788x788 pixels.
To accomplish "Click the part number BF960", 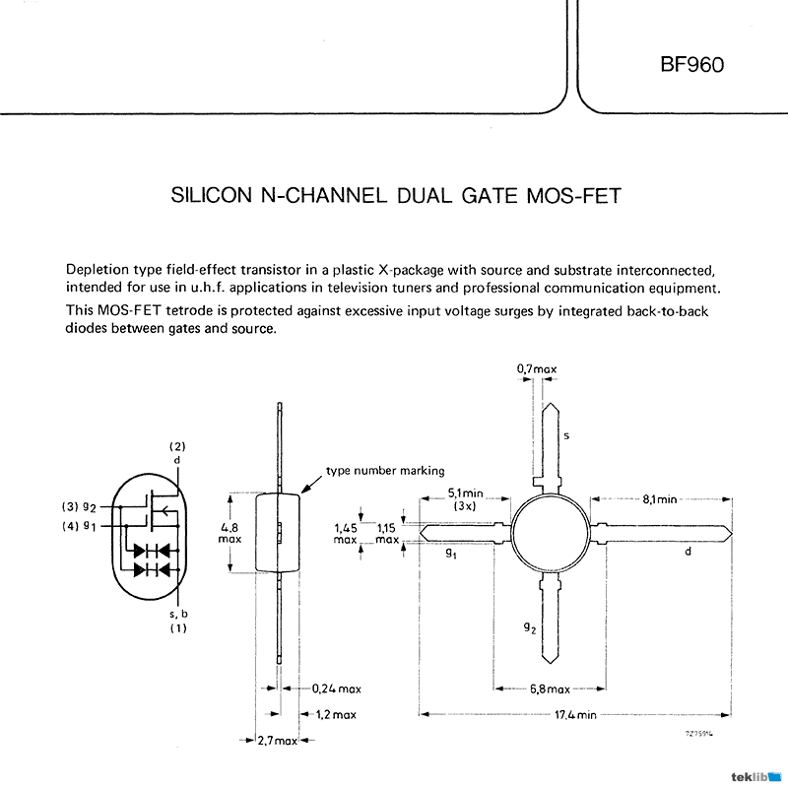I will coord(691,66).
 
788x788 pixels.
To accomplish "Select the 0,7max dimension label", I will coord(537,369).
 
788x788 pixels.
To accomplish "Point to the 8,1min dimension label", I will coord(659,499).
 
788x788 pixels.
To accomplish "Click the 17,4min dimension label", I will coord(574,714).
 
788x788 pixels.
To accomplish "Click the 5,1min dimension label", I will coord(466,493).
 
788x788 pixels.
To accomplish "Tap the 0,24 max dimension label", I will coord(335,689).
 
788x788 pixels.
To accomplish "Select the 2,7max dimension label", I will coord(277,740).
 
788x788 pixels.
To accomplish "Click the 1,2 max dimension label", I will coord(336,714).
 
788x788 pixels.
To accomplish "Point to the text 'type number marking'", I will coord(386,471).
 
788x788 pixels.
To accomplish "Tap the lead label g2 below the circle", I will coord(530,626).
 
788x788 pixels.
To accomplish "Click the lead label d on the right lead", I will coord(688,552).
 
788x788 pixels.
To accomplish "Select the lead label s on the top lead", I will coord(566,434).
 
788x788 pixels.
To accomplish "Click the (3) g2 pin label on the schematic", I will coord(80,506).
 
